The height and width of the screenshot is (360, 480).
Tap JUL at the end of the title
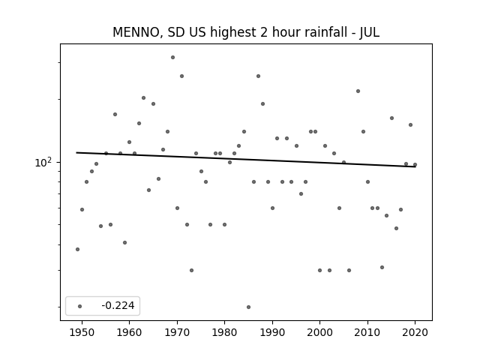pos(370,32)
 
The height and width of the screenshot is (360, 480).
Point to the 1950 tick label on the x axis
pos(82,332)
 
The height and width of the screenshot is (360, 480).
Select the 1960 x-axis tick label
pos(129,332)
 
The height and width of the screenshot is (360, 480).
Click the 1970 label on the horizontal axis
pos(177,332)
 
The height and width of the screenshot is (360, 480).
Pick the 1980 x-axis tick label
pos(224,332)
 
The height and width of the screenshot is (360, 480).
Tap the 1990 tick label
pos(272,332)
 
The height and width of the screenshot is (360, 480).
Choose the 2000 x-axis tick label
pos(320,332)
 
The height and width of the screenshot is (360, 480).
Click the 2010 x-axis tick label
pos(367,332)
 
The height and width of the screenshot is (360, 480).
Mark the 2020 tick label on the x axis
pos(415,332)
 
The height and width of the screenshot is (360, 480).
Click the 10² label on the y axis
pos(43,162)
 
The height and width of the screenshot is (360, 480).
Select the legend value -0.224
pos(118,305)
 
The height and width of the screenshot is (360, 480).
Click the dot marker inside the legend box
pos(80,306)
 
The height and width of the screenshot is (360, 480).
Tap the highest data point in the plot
pos(172,57)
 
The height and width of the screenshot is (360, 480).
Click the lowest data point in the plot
pos(248,307)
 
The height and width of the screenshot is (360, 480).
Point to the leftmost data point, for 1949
pos(77,249)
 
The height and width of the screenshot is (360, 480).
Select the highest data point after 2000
pos(358,91)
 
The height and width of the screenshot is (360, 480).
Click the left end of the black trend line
pos(76,152)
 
